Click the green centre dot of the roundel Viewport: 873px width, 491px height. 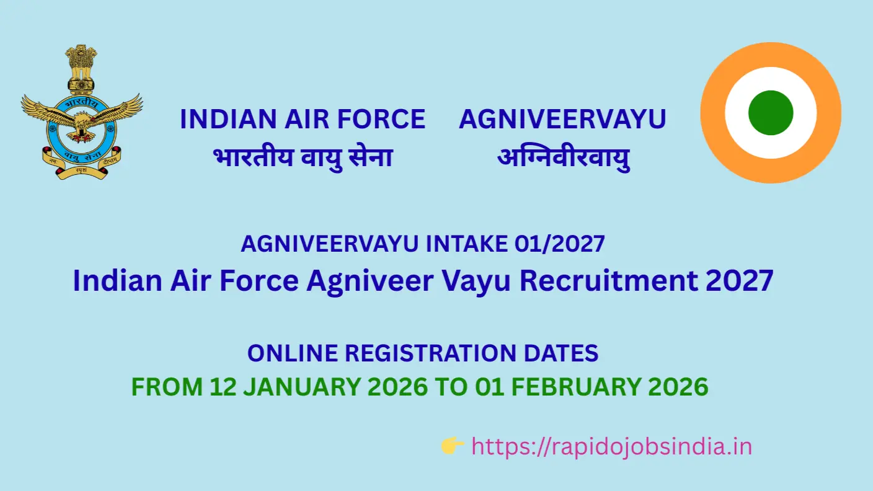click(771, 113)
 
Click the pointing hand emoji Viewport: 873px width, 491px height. click(453, 446)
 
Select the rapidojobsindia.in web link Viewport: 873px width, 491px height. click(611, 446)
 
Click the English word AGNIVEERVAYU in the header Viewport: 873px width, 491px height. click(562, 120)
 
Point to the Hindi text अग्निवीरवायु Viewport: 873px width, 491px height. click(563, 158)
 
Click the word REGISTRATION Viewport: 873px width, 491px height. click(428, 353)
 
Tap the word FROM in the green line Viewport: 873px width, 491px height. click(166, 387)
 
